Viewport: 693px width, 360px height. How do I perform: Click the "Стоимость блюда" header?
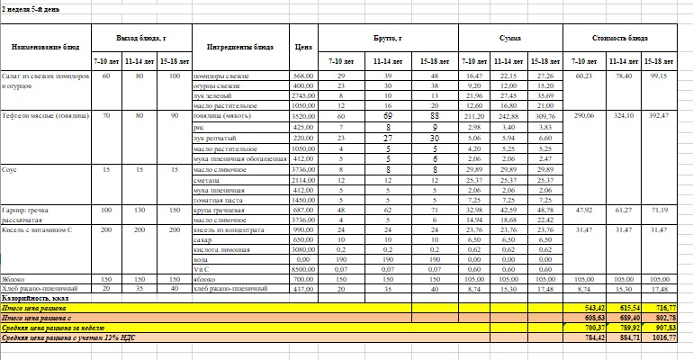tap(626, 40)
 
